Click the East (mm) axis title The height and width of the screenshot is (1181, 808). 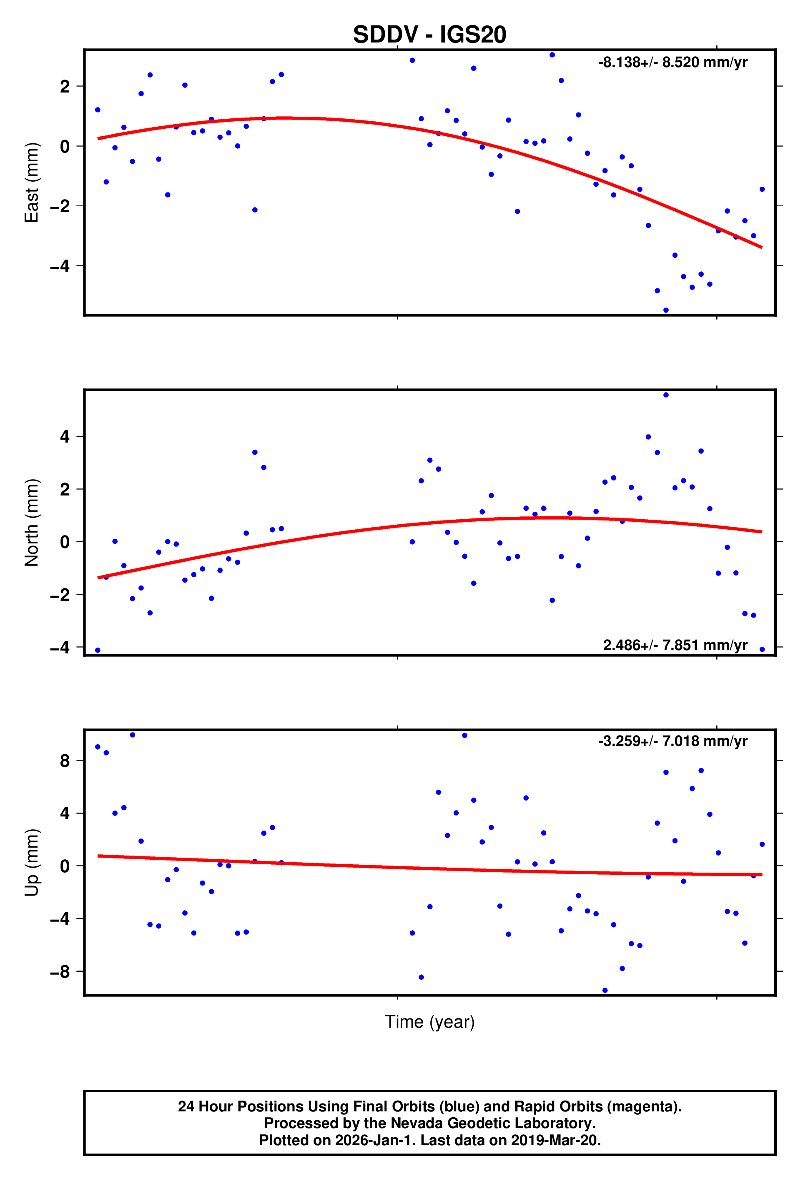[32, 182]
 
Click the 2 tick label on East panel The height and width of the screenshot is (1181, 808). [65, 87]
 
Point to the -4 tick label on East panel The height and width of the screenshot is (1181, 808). [60, 266]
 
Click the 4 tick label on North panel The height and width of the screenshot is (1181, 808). [65, 437]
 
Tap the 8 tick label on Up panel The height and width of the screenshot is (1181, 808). [65, 761]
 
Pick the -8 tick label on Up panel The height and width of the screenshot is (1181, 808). [60, 972]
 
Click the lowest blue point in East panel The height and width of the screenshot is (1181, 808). [666, 310]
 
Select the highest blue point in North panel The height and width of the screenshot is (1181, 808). [666, 395]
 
